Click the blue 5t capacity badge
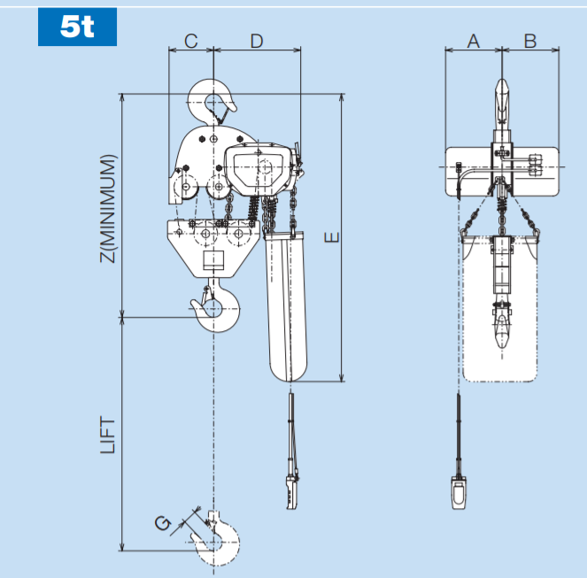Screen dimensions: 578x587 [77, 27]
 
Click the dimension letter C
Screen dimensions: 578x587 [190, 41]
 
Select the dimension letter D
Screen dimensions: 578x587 [256, 41]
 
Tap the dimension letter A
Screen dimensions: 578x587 [473, 41]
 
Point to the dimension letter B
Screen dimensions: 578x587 [529, 41]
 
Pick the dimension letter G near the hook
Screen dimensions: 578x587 [162, 523]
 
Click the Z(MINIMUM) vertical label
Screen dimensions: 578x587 [109, 208]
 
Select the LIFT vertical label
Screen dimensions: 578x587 [109, 435]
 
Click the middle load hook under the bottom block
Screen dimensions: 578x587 [217, 305]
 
